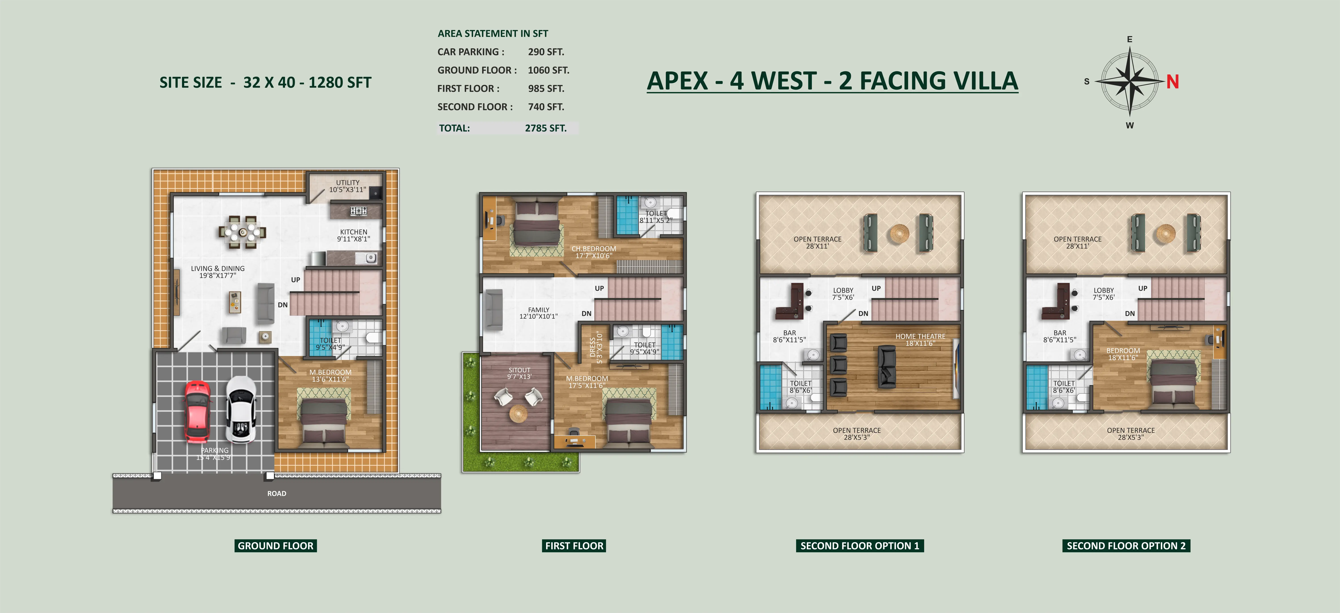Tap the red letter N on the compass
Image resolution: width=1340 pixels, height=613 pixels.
coord(1172,82)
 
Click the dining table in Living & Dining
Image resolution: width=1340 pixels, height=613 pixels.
coord(242,232)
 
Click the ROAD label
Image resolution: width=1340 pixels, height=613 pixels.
coord(277,493)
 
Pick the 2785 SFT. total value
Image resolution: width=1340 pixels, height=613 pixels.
coord(546,128)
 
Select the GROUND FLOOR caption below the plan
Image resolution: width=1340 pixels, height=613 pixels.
coord(276,546)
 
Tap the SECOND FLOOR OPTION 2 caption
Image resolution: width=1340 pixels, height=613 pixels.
coord(1126,546)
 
